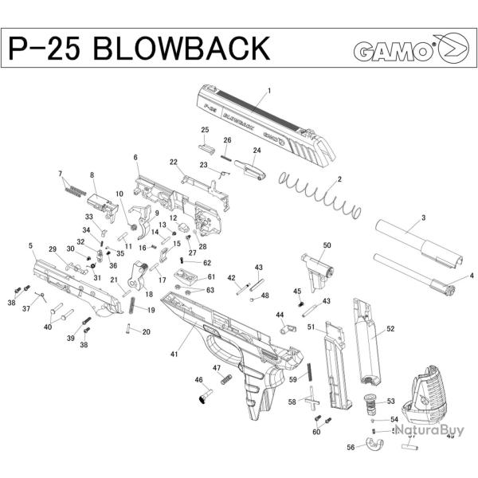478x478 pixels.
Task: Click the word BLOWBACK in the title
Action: click(x=181, y=49)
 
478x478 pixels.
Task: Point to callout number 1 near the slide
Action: click(x=270, y=91)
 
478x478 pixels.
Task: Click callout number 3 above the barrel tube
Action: click(x=423, y=217)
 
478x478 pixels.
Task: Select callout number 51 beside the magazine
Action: click(x=311, y=327)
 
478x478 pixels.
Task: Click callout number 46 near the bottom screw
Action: click(x=198, y=380)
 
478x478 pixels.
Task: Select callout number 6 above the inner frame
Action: click(x=135, y=158)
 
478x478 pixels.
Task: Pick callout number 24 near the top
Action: click(x=257, y=151)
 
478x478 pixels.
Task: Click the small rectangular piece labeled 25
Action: click(x=206, y=145)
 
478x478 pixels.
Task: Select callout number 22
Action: click(x=173, y=162)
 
